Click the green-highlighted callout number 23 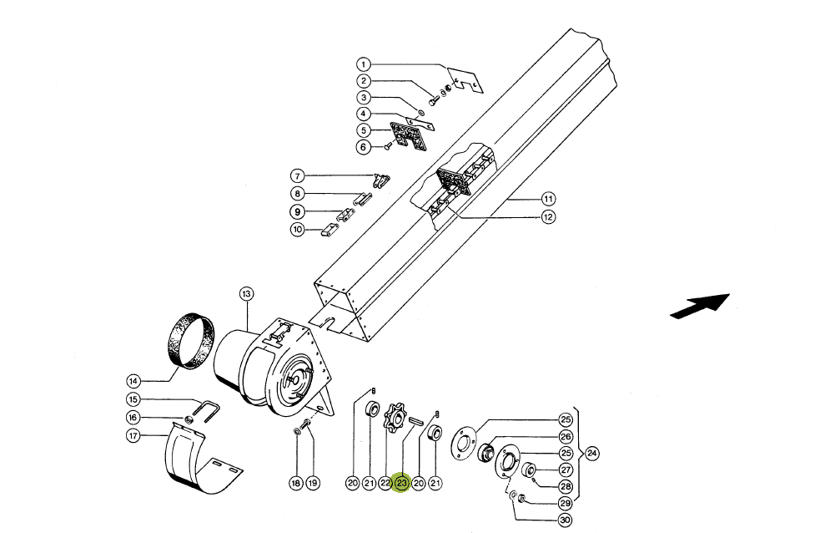click(401, 484)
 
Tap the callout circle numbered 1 click(363, 64)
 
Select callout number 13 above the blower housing click(246, 294)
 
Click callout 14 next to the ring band click(133, 381)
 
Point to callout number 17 click(133, 435)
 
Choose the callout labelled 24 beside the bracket click(591, 454)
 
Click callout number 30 click(565, 520)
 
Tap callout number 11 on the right click(549, 199)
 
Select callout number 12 click(549, 216)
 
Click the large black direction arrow click(700, 307)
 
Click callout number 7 click(297, 175)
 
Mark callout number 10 click(297, 230)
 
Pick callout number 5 click(363, 129)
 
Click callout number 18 click(296, 484)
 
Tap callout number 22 click(385, 484)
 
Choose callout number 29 click(565, 503)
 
